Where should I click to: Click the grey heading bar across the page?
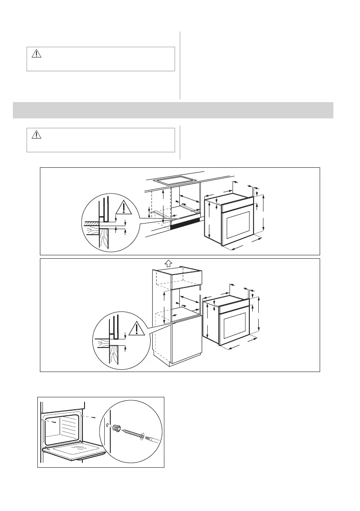pyautogui.click(x=173, y=110)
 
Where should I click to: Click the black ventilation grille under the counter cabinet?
pyautogui.click(x=185, y=222)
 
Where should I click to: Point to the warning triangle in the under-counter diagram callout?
pyautogui.click(x=124, y=209)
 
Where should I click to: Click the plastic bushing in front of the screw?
pyautogui.click(x=115, y=429)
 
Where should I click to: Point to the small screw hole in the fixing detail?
pyautogui.click(x=106, y=426)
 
